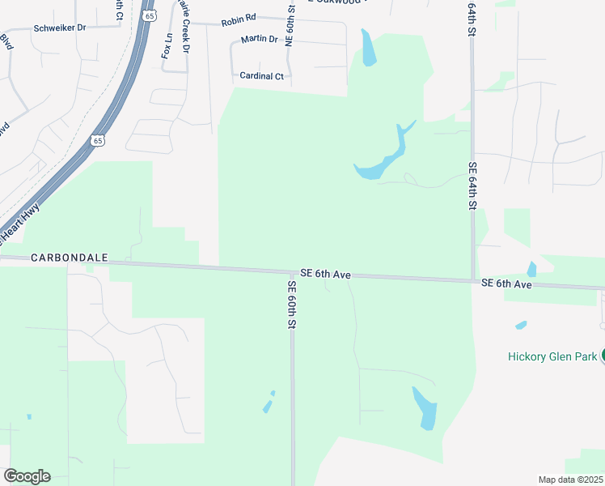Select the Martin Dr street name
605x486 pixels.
259,39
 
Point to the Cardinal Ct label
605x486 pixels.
261,76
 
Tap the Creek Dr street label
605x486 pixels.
185,36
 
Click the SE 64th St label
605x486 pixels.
472,186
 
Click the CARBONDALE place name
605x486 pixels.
70,258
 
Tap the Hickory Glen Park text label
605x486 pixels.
552,356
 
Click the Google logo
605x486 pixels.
27,476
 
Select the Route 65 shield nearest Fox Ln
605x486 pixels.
148,15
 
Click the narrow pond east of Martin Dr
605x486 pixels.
369,49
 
